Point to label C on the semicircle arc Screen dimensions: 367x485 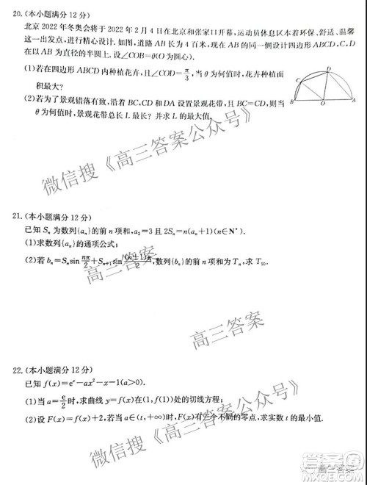click(x=299, y=79)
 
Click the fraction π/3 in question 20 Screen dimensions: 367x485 click(x=168, y=74)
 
